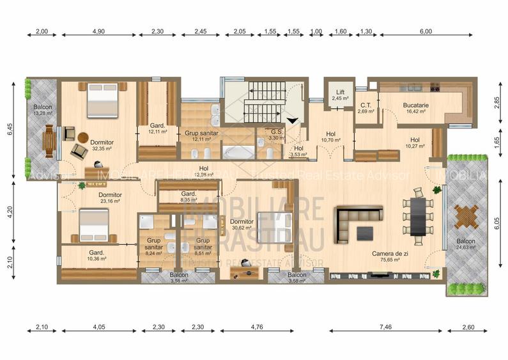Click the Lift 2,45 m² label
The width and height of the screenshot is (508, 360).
tap(339, 95)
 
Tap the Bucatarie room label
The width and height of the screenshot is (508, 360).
tap(415, 109)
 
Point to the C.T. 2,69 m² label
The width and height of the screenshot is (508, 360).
tap(366, 108)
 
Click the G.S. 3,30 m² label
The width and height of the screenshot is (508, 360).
tap(276, 134)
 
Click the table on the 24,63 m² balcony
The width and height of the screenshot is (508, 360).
tap(466, 217)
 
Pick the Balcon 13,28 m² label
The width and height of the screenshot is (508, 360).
tap(42, 110)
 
